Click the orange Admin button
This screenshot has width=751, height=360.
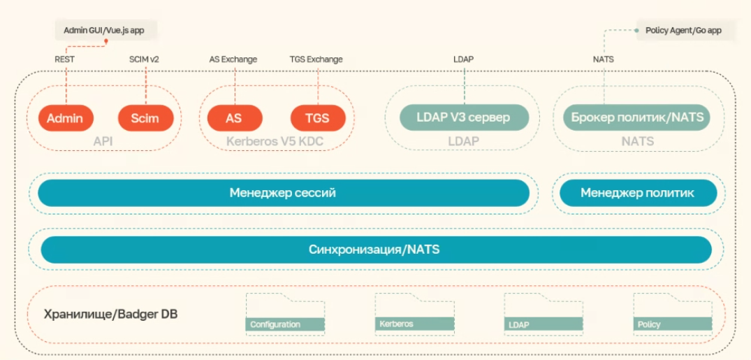pyautogui.click(x=65, y=118)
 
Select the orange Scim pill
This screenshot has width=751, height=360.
pyautogui.click(x=145, y=118)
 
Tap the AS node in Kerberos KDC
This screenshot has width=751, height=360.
pyautogui.click(x=234, y=118)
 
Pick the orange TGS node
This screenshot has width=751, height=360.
pyautogui.click(x=318, y=118)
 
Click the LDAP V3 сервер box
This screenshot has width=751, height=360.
pyautogui.click(x=464, y=117)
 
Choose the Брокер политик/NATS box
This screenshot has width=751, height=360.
pyautogui.click(x=636, y=117)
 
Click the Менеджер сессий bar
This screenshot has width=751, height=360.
pyautogui.click(x=283, y=193)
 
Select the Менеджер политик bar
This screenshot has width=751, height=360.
pyautogui.click(x=637, y=193)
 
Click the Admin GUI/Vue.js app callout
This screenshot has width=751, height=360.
pyautogui.click(x=105, y=31)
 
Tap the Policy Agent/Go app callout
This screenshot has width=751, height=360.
pyautogui.click(x=683, y=31)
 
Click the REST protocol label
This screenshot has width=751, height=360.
pyautogui.click(x=64, y=59)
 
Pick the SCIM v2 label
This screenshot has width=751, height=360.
pyautogui.click(x=144, y=59)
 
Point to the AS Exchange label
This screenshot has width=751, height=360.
pyautogui.click(x=233, y=59)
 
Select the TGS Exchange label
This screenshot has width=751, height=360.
pyautogui.click(x=316, y=59)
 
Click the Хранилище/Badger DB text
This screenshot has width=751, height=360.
pyautogui.click(x=111, y=314)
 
